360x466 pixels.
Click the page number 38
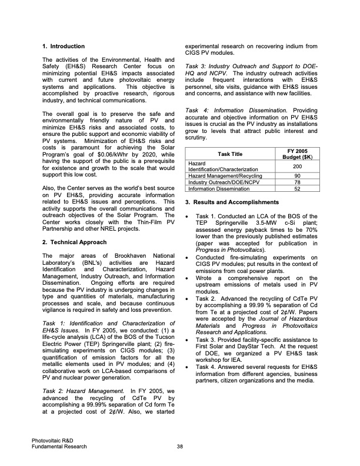click(x=179, y=446)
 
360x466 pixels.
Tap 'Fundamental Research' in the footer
click(x=59, y=446)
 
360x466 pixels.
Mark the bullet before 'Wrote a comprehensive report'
click(x=187, y=278)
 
